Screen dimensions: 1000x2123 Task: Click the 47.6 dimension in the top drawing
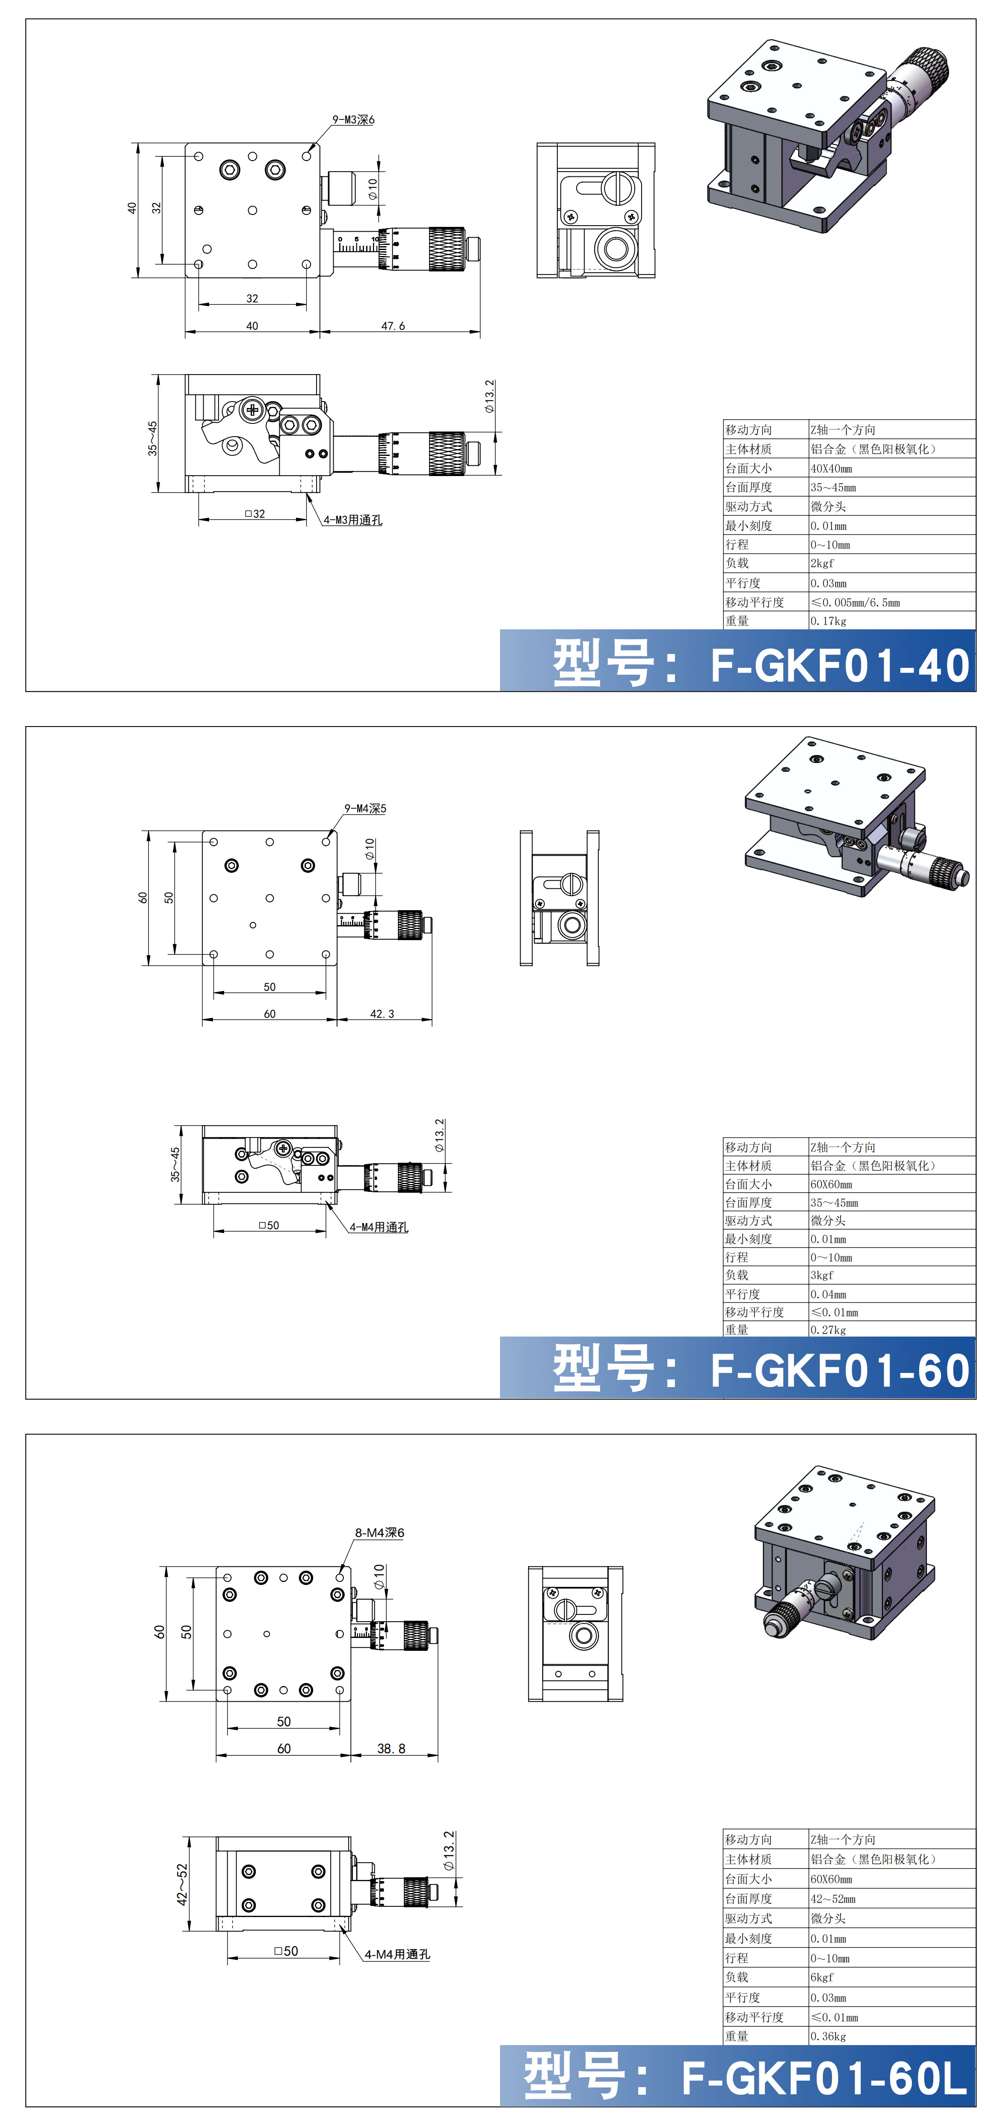tap(393, 325)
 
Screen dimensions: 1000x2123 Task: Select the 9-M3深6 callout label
tap(353, 119)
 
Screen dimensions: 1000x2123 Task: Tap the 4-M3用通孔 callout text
tap(352, 520)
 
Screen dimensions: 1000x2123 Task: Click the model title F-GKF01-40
tap(840, 665)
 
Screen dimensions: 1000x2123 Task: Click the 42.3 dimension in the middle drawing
tap(382, 1014)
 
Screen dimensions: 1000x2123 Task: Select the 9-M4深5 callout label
tap(365, 809)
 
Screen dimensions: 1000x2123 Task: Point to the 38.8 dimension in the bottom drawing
tap(391, 1748)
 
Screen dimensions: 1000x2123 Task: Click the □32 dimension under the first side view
tap(254, 513)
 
